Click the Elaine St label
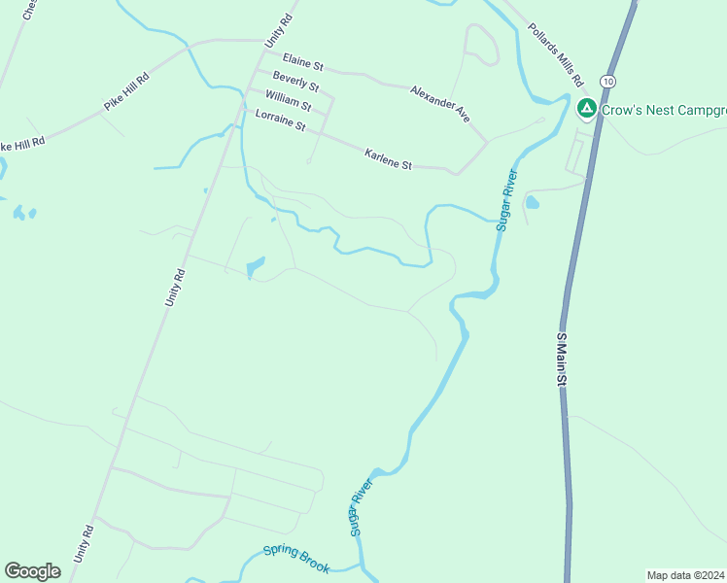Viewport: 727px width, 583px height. pyautogui.click(x=302, y=63)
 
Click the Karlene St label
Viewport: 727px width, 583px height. pyautogui.click(x=388, y=159)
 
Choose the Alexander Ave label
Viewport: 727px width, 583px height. pyautogui.click(x=439, y=103)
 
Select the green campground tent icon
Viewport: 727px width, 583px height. pyautogui.click(x=586, y=108)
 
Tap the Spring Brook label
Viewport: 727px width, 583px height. pyautogui.click(x=296, y=560)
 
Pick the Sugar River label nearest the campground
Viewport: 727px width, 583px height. pyautogui.click(x=505, y=199)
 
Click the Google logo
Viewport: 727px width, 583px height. pyautogui.click(x=32, y=571)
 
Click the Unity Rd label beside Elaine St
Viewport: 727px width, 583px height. pyautogui.click(x=279, y=32)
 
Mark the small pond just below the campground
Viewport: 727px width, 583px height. pyautogui.click(x=532, y=203)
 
